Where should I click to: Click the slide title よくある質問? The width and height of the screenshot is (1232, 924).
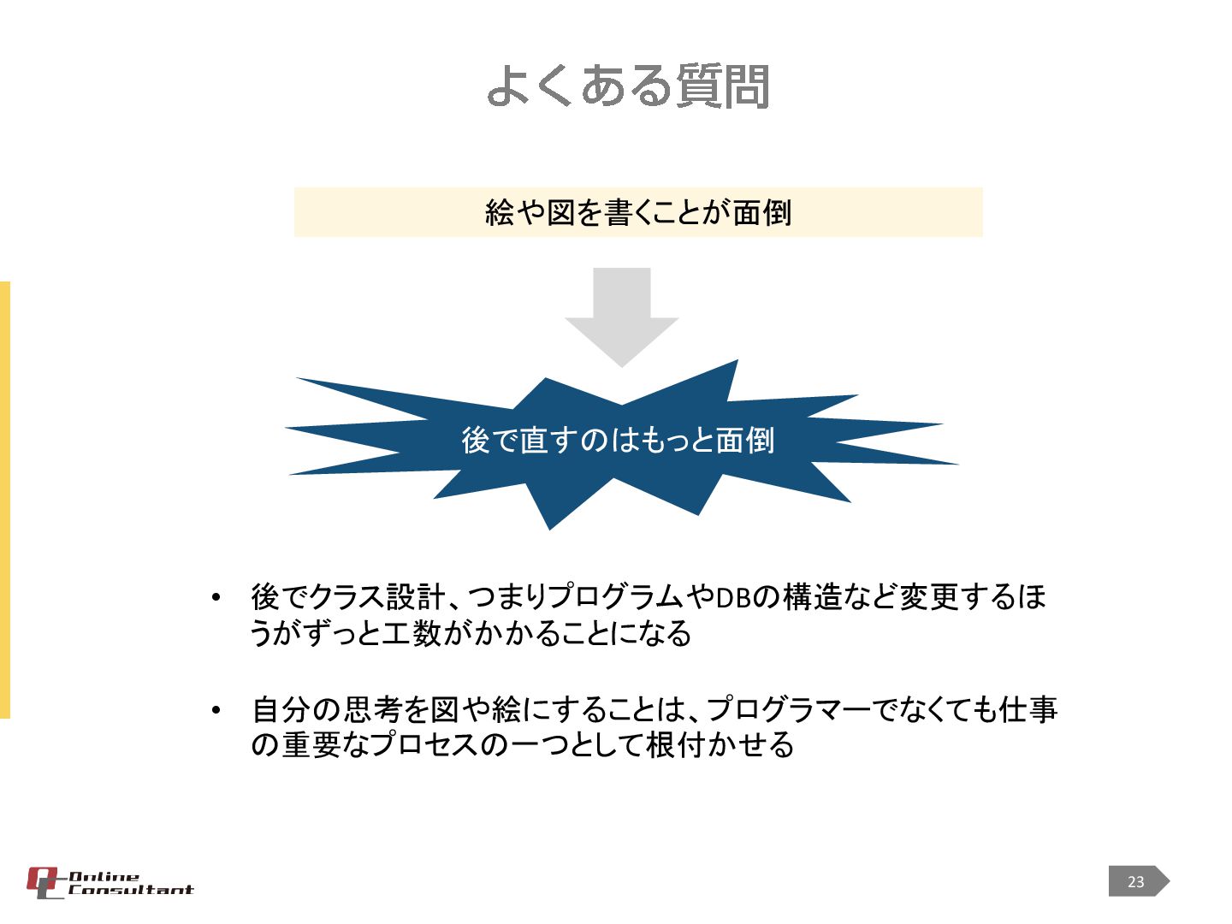tap(628, 86)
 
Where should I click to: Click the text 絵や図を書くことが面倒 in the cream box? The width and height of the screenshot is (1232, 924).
tap(637, 212)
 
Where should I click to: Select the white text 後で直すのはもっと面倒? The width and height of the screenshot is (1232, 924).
tap(618, 440)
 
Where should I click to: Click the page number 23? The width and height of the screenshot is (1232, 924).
tap(1135, 881)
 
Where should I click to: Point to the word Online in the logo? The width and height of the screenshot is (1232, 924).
tap(104, 876)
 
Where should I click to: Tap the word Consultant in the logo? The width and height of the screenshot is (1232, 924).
tap(131, 891)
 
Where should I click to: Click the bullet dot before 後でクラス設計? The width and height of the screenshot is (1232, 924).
tap(216, 597)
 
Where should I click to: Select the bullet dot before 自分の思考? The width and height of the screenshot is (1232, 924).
tap(216, 710)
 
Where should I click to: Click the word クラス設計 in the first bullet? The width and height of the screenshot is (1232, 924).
tap(376, 596)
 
